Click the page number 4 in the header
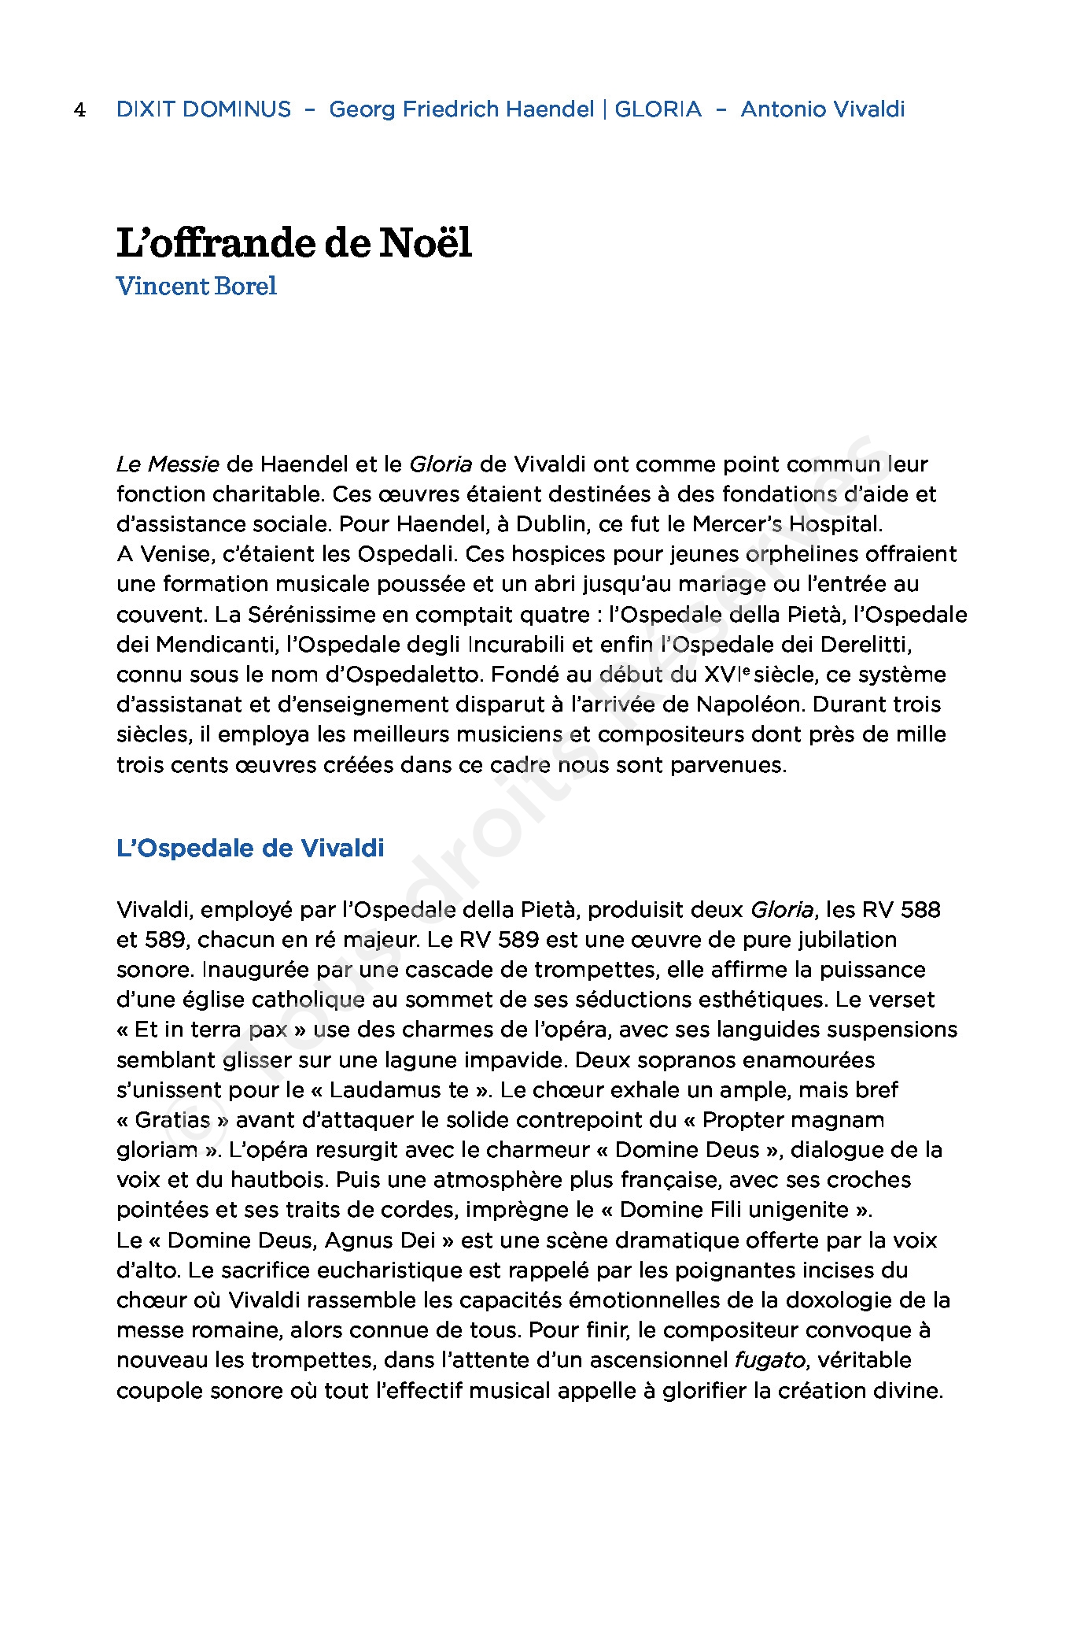pos(79,109)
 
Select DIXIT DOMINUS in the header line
pos(204,109)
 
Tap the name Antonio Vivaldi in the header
pos(823,109)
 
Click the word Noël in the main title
pos(426,242)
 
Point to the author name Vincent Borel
pos(197,286)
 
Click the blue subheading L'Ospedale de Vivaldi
pos(250,849)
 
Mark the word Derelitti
pos(865,645)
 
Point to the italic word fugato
pos(770,1360)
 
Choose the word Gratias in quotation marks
pos(173,1120)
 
